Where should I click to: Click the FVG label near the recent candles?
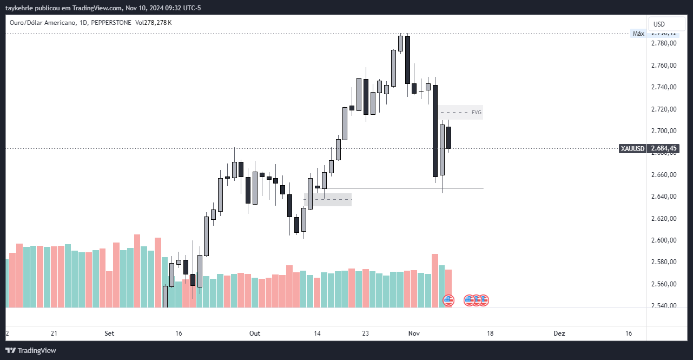tap(476, 113)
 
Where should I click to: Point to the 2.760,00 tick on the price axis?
tap(664, 66)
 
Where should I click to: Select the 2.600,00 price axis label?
tap(664, 240)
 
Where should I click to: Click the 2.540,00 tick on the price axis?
tap(664, 306)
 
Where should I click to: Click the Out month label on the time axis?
tap(255, 333)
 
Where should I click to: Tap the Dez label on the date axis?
tap(559, 333)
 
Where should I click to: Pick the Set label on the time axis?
tap(109, 333)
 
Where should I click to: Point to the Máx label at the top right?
tap(638, 34)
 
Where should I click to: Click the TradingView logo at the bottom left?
tap(31, 350)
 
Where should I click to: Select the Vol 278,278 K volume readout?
tap(154, 23)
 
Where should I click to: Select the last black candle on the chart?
tap(449, 138)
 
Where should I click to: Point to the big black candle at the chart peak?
tap(407, 60)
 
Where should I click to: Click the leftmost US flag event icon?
tap(448, 300)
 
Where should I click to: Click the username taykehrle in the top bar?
tap(21, 8)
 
